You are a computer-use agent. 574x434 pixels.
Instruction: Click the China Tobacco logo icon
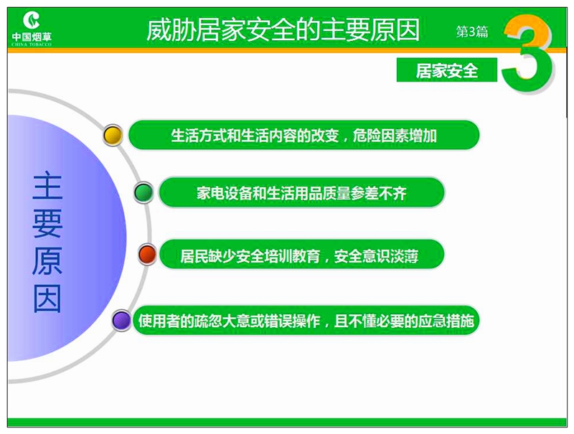coord(32,20)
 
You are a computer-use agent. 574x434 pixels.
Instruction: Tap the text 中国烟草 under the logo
coord(32,37)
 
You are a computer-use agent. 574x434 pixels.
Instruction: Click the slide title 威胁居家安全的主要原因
coord(283,30)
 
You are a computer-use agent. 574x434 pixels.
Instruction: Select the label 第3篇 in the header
coord(472,32)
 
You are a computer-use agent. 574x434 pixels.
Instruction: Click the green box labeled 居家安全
coord(446,70)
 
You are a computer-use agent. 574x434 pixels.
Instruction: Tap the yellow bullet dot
coord(113,136)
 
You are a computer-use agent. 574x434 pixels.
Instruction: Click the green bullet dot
coord(143,192)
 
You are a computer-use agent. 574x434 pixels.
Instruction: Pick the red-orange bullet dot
coord(148,255)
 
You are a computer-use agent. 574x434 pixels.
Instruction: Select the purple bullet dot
coord(121,321)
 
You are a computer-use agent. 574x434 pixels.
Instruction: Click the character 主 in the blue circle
coord(47,187)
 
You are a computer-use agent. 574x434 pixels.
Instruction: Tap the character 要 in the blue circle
coord(47,224)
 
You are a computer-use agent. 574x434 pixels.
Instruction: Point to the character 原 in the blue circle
coord(47,261)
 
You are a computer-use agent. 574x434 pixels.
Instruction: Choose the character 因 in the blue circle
coord(47,298)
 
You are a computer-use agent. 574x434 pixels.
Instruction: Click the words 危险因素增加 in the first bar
coord(395,136)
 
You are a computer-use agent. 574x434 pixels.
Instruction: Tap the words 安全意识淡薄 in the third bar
coord(376,256)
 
